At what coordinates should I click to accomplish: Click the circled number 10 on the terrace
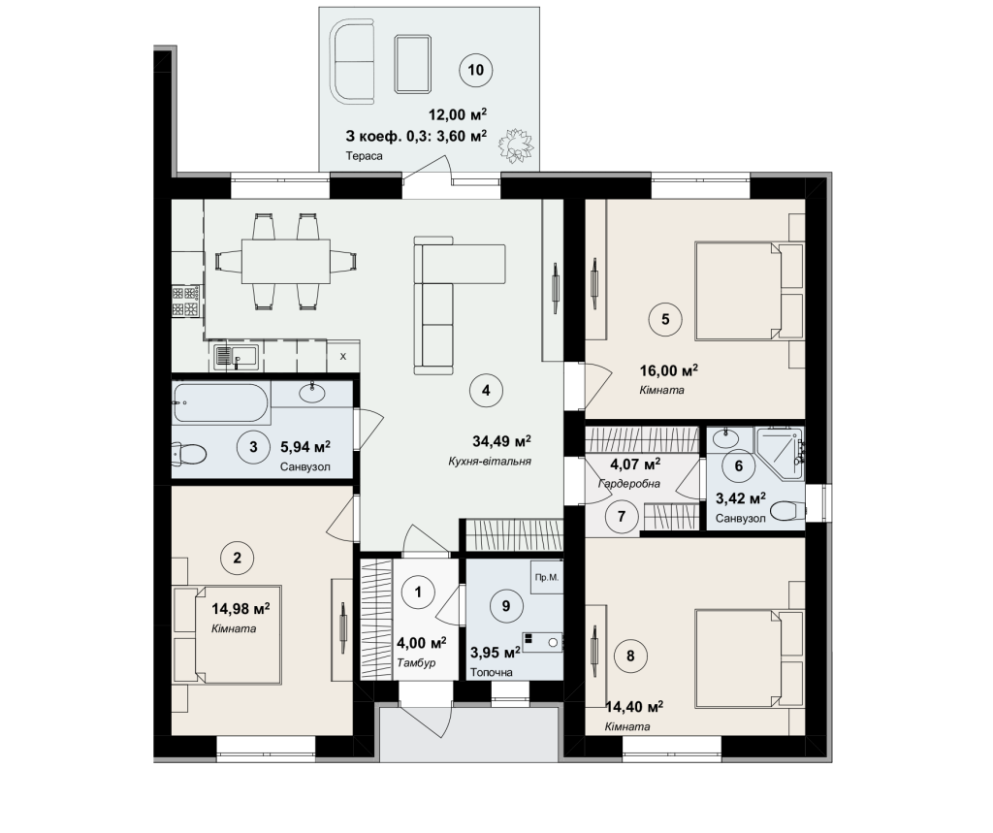[475, 70]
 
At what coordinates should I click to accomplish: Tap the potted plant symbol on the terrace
[515, 146]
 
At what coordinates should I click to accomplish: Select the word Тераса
[365, 156]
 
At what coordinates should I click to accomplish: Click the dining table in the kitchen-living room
[286, 261]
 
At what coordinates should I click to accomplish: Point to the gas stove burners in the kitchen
[185, 301]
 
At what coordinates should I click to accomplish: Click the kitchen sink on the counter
[236, 357]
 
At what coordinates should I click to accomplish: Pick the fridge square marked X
[343, 356]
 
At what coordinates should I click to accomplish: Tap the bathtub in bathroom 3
[220, 402]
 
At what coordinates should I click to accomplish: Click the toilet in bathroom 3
[189, 453]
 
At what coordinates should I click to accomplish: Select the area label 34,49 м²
[501, 441]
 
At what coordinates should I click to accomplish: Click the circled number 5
[665, 319]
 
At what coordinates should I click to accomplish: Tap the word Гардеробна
[628, 484]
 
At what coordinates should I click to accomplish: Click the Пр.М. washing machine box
[547, 577]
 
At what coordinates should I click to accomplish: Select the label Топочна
[492, 672]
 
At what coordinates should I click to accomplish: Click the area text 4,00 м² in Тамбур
[421, 644]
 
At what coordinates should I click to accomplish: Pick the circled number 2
[237, 558]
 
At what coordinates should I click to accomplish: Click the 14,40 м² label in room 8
[634, 706]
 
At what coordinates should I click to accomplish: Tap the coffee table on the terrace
[413, 64]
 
